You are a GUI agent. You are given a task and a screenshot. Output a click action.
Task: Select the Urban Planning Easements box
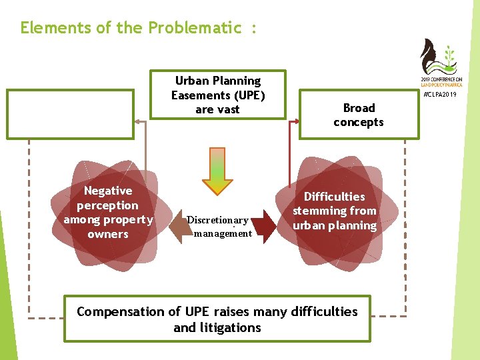(x=217, y=95)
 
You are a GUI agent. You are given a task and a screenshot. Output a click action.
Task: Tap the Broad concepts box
(x=359, y=115)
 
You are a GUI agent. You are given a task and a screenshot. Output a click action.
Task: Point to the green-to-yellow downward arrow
(x=217, y=169)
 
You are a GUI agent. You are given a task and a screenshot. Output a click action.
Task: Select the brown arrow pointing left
(x=179, y=227)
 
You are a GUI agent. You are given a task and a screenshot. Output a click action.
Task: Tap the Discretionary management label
(x=218, y=227)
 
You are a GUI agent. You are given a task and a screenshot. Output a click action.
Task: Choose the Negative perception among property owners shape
(x=108, y=213)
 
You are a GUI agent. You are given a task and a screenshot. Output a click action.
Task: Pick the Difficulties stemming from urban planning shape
(x=335, y=211)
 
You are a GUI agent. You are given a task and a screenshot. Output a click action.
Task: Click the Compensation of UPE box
(x=217, y=319)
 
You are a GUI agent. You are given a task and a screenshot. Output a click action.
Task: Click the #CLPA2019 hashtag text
(x=441, y=95)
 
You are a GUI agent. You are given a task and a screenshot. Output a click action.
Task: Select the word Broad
(x=359, y=108)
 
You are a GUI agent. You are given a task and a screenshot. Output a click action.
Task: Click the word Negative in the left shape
(x=108, y=191)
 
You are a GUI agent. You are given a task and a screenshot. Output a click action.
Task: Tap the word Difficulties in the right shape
(x=335, y=197)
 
